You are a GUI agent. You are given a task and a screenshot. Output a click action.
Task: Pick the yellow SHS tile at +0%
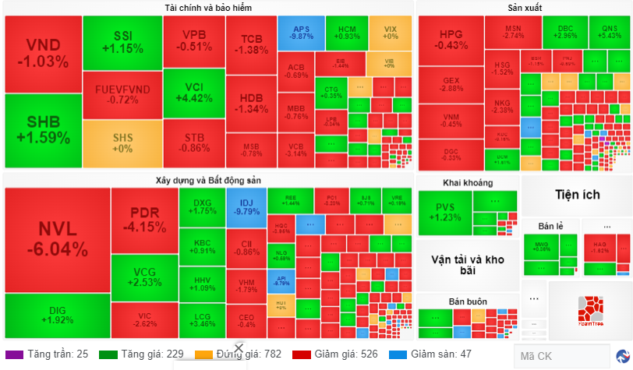[122, 143]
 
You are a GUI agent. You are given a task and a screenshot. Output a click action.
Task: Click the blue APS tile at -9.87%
[301, 32]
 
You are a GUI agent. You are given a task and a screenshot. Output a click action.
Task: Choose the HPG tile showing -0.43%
[451, 40]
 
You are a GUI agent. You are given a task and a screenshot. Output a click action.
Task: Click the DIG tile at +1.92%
[57, 315]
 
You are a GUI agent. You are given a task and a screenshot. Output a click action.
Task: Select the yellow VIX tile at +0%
[390, 32]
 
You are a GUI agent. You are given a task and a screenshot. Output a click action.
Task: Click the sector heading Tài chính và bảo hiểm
[208, 8]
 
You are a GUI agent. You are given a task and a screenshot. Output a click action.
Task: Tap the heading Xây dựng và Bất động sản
[208, 180]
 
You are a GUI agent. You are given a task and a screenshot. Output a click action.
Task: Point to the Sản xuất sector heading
[525, 8]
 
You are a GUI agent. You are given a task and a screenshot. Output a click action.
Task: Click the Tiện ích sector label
[576, 194]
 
